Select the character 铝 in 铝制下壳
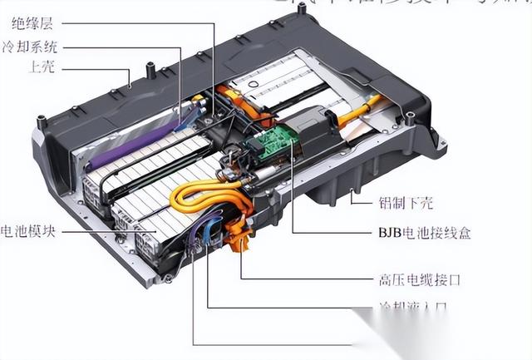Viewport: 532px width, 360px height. pyautogui.click(x=362, y=202)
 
